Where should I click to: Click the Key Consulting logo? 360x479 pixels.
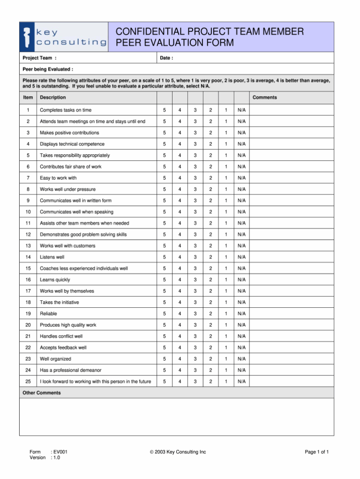tap(64, 37)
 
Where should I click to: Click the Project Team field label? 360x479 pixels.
tap(39, 58)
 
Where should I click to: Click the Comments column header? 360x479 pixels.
tap(264, 98)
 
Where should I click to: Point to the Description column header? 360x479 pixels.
tap(52, 98)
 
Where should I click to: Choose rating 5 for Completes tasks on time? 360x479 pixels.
tap(165, 110)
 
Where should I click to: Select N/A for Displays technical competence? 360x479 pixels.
tap(241, 144)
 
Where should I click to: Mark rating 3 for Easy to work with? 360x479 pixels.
tap(195, 178)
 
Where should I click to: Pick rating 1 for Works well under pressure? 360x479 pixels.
tap(226, 189)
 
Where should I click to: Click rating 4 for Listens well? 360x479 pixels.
tap(180, 257)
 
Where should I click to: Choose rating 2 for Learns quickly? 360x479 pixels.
tap(210, 280)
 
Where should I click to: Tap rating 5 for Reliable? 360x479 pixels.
tap(165, 313)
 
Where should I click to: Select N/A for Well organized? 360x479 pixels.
tap(241, 359)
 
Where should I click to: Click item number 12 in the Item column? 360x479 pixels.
tap(28, 235)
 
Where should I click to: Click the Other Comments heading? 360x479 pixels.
tap(42, 393)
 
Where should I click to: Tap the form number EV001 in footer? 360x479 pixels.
tap(60, 452)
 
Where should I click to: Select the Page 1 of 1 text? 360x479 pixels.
tap(316, 452)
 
